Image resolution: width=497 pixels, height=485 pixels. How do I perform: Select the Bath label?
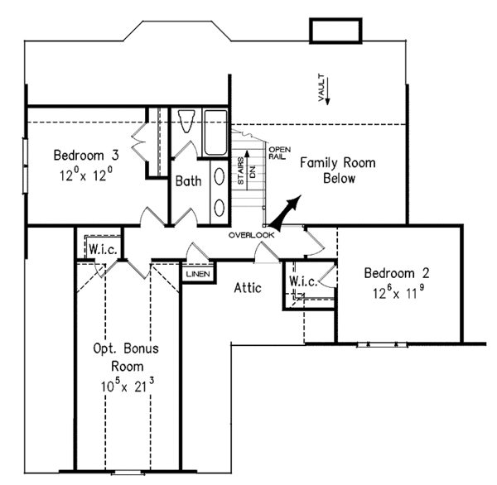[186, 180]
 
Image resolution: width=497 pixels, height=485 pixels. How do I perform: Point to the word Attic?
[247, 288]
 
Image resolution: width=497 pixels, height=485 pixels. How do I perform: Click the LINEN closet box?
[197, 274]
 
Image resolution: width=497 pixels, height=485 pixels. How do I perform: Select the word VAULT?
[320, 91]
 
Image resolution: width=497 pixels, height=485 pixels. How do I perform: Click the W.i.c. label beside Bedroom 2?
[302, 282]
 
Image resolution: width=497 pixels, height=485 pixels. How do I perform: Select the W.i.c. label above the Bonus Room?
[102, 250]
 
